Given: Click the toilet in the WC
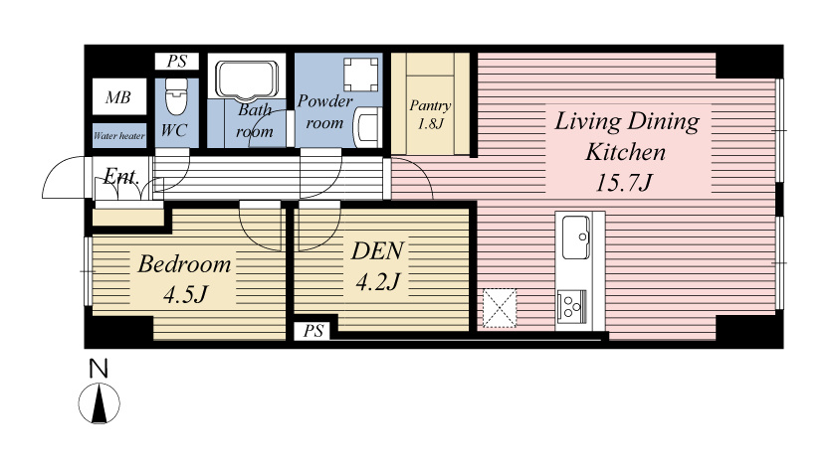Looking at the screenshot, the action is [177, 96].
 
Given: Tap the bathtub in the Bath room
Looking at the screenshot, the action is [247, 80].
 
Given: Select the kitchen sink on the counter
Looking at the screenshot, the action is [576, 237].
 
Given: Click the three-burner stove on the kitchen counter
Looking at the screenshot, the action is [571, 307].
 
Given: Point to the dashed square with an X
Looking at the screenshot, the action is [500, 308].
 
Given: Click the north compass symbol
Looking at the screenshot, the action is [100, 403].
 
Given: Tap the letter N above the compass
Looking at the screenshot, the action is [99, 369].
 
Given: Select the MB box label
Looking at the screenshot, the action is [118, 97].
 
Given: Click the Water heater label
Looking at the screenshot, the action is [119, 136].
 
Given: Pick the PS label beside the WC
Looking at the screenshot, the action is [177, 62].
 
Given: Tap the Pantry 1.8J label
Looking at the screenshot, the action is [430, 114].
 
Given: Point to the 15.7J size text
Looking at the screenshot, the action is [623, 183].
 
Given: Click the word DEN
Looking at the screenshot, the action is [377, 251].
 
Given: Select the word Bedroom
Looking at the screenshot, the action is [184, 263].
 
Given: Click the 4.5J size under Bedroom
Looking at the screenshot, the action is [185, 294].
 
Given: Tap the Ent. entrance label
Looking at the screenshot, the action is [121, 176].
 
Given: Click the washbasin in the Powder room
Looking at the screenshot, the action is [368, 127].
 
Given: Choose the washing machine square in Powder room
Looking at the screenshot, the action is [361, 75].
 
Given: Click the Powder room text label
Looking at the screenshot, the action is [325, 112].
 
